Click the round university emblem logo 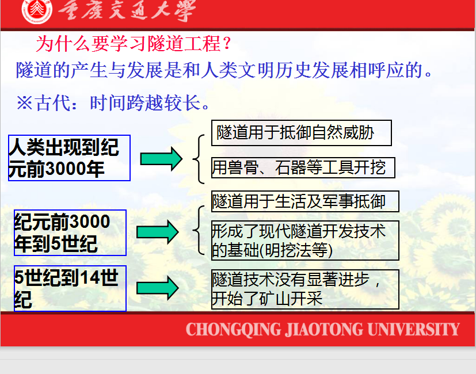(x=37, y=12)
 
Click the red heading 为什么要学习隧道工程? (x=134, y=44)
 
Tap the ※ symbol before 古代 (x=25, y=102)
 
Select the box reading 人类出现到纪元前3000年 (x=69, y=158)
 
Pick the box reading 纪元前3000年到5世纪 (x=70, y=232)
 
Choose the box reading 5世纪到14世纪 (x=70, y=288)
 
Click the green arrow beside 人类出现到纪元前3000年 (x=161, y=159)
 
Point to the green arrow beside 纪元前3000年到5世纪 (x=158, y=232)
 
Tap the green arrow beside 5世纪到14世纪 (x=158, y=288)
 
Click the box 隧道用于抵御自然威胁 (x=302, y=133)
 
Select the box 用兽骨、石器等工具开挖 (x=303, y=167)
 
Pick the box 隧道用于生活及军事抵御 (x=305, y=201)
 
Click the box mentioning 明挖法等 (x=305, y=241)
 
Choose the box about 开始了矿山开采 (x=305, y=289)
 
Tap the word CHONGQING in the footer (x=234, y=330)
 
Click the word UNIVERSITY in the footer (x=413, y=329)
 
